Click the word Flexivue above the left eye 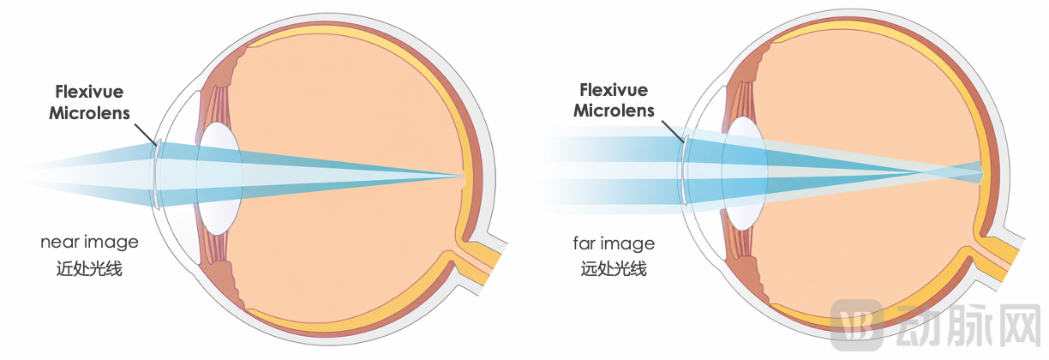pyautogui.click(x=89, y=92)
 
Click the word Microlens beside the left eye pyautogui.click(x=89, y=113)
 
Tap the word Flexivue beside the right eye pyautogui.click(x=614, y=90)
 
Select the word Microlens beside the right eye pyautogui.click(x=614, y=111)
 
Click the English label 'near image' pyautogui.click(x=89, y=243)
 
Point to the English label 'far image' pyautogui.click(x=614, y=243)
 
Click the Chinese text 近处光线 pyautogui.click(x=89, y=268)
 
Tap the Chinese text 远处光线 pyautogui.click(x=614, y=268)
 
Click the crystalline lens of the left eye pyautogui.click(x=219, y=178)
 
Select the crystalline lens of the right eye pyautogui.click(x=744, y=173)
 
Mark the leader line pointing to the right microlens pyautogui.click(x=673, y=131)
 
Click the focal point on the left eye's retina pyautogui.click(x=463, y=177)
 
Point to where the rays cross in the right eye pyautogui.click(x=925, y=173)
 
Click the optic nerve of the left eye pyautogui.click(x=480, y=265)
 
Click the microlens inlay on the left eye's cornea pyautogui.click(x=158, y=174)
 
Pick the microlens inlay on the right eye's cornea pyautogui.click(x=685, y=171)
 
